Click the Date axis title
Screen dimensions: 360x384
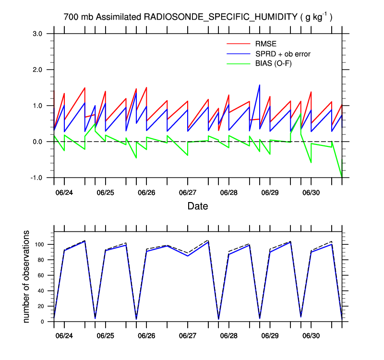(198, 206)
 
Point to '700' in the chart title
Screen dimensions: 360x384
(70, 17)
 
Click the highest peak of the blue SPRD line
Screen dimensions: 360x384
(260, 85)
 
